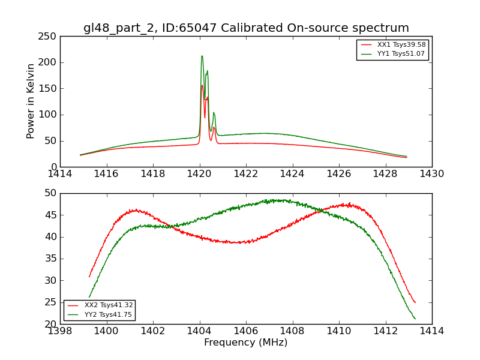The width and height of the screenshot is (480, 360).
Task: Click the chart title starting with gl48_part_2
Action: coord(246,28)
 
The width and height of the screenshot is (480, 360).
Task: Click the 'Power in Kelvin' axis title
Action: coord(31,101)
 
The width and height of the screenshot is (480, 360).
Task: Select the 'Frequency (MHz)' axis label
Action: coord(246,343)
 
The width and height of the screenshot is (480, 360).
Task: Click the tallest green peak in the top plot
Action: coord(202,56)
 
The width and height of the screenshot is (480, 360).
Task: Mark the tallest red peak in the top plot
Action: coord(202,85)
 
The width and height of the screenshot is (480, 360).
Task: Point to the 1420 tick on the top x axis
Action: coord(199,173)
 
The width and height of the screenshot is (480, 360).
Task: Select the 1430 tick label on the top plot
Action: coord(431,173)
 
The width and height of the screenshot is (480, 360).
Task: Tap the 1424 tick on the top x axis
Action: coord(292,173)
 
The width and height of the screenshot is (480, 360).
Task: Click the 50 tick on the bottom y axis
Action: coord(50,193)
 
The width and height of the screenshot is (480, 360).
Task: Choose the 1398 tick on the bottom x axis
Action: coord(60,331)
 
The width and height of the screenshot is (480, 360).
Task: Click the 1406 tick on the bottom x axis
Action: coord(246,331)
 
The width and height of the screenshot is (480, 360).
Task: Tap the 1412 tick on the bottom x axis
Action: coord(385,331)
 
